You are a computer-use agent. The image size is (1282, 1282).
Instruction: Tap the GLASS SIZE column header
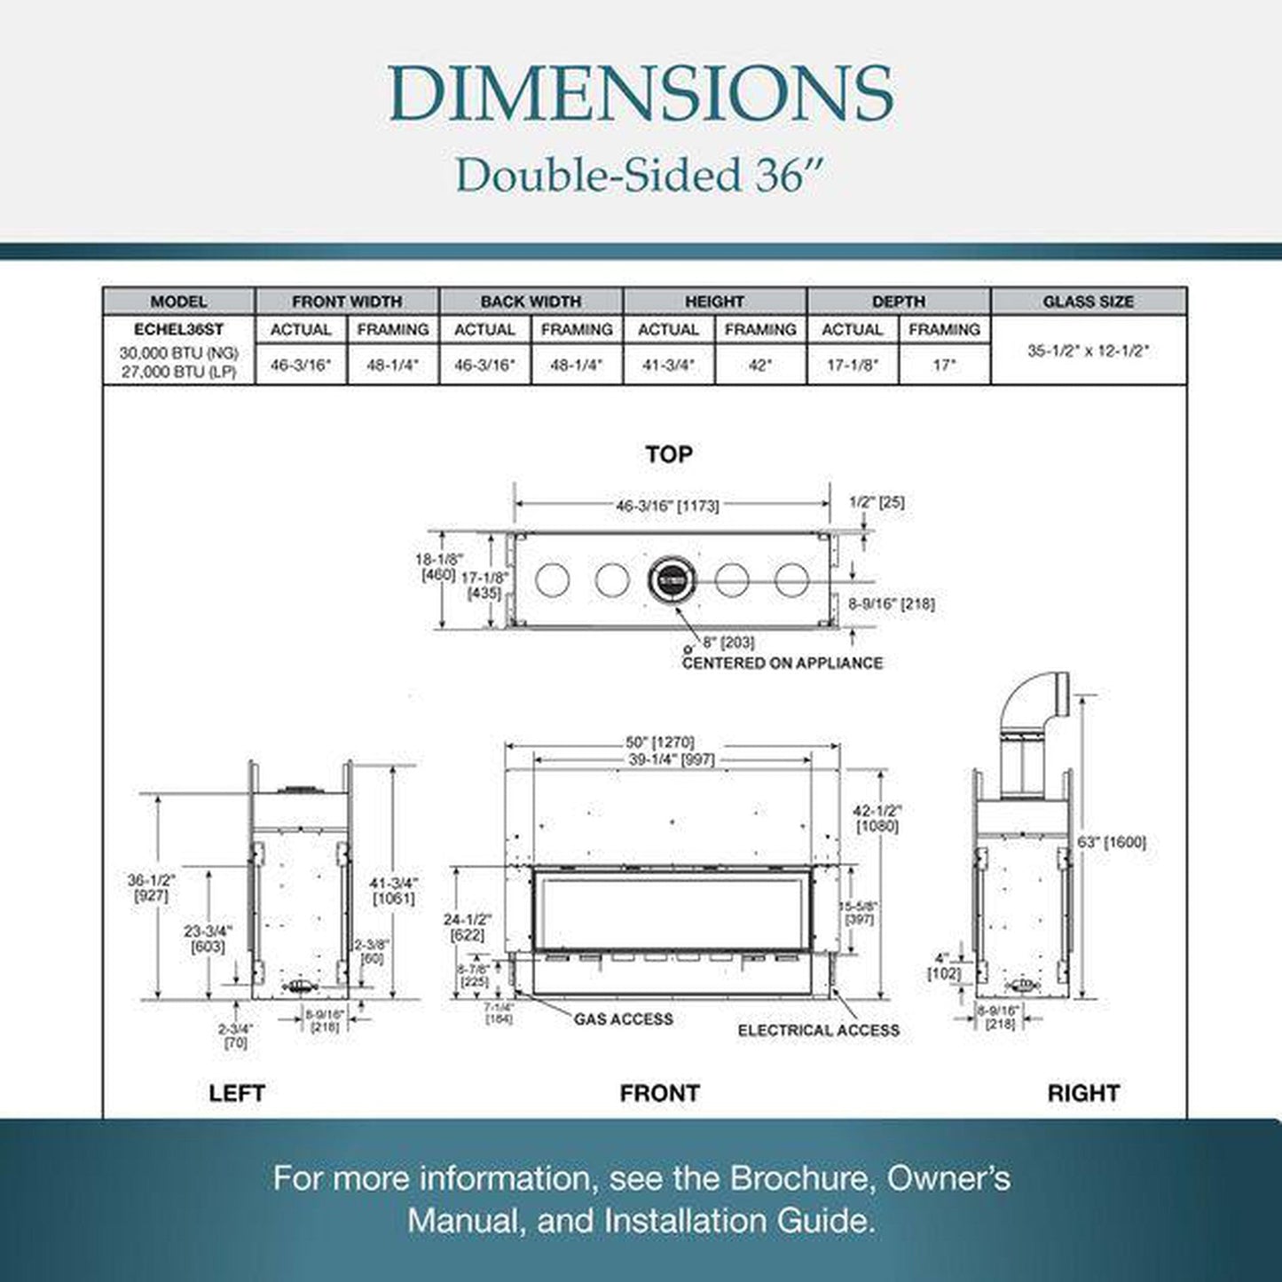click(x=1088, y=302)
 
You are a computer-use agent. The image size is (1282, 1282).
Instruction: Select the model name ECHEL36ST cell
click(x=178, y=330)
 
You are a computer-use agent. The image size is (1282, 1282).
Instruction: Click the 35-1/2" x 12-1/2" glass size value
click(x=1088, y=351)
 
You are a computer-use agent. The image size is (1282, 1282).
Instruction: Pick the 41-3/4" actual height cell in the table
click(x=668, y=365)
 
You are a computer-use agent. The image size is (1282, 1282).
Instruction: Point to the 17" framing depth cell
click(x=944, y=365)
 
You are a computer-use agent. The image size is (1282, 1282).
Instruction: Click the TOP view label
click(x=668, y=454)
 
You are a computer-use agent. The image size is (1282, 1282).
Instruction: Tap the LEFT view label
click(x=237, y=1093)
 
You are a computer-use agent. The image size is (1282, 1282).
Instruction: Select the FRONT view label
click(x=659, y=1093)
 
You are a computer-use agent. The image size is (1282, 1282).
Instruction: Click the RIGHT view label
click(x=1082, y=1093)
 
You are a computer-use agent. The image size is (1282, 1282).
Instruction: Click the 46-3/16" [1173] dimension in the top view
click(x=667, y=506)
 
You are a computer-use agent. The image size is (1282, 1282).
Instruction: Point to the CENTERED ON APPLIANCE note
click(x=782, y=663)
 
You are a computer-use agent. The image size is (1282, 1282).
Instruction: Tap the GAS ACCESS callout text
click(x=623, y=1019)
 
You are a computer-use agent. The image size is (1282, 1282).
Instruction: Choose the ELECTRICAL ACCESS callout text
click(x=818, y=1030)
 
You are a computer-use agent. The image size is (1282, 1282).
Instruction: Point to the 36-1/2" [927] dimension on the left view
click(x=152, y=888)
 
